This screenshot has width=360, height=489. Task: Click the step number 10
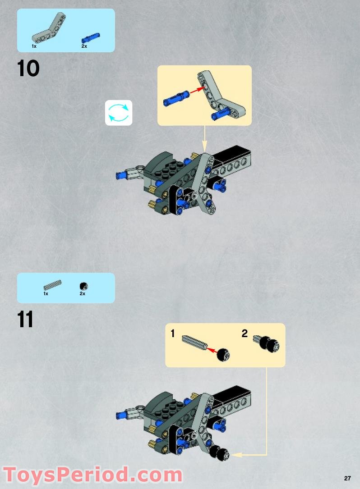coord(28,69)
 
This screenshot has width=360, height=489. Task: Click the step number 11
coord(26,320)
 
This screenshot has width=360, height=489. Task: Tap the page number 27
coord(347,478)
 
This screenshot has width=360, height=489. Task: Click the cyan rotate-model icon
coord(119,113)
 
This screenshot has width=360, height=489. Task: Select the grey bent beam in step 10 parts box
coord(48,28)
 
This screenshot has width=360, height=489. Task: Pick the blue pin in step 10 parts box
coord(90,37)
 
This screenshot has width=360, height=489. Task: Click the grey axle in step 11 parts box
coord(52,285)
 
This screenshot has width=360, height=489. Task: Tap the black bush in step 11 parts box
coord(83,286)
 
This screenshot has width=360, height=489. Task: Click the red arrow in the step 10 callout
coord(195,91)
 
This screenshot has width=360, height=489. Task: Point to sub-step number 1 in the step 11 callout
coord(172,334)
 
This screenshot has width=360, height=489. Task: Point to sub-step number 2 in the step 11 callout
coord(245,334)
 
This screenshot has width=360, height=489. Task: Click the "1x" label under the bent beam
coord(34,46)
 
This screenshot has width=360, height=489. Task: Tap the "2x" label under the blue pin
coord(84,46)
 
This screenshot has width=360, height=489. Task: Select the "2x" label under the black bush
coord(83,294)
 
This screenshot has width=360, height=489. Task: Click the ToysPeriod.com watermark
coord(92,475)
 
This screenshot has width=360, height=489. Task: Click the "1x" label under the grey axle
coord(46,294)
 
